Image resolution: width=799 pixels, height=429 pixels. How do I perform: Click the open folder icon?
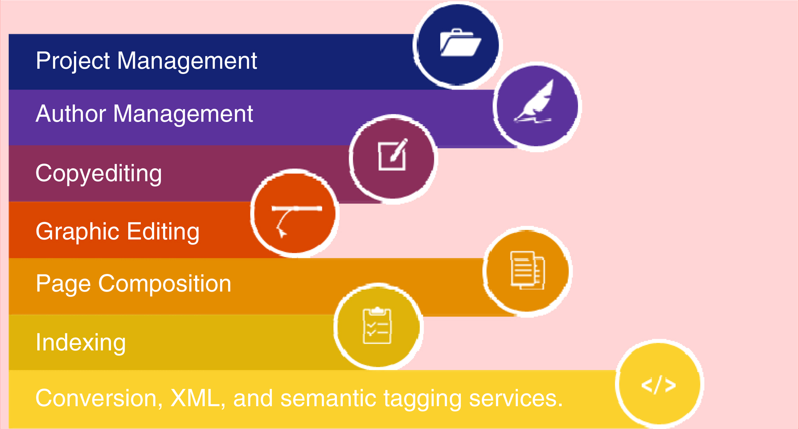pyautogui.click(x=460, y=43)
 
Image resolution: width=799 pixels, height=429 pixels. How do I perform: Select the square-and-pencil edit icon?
pyautogui.click(x=392, y=155)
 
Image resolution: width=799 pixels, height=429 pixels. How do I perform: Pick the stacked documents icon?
pyautogui.click(x=527, y=270)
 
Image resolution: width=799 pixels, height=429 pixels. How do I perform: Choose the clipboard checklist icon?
pyautogui.click(x=377, y=326)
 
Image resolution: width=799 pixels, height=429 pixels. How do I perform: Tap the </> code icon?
pyautogui.click(x=658, y=385)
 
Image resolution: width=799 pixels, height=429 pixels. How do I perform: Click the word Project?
pyautogui.click(x=73, y=61)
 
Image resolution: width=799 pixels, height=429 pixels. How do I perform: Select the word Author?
pyautogui.click(x=71, y=114)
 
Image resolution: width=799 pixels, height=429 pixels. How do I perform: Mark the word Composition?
pyautogui.click(x=165, y=284)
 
